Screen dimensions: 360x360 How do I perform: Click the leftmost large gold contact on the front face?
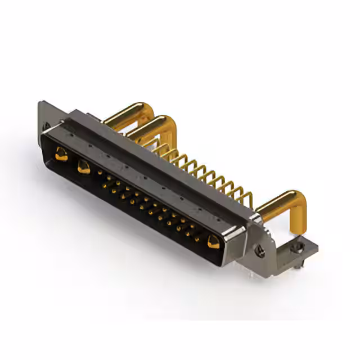point(61,153)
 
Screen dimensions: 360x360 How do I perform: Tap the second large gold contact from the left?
point(84,166)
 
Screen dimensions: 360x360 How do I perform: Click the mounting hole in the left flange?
point(46,125)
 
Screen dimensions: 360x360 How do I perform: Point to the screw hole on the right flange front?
point(260,251)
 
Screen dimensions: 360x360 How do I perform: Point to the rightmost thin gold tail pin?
point(247,197)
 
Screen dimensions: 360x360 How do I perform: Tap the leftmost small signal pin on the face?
point(101,176)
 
